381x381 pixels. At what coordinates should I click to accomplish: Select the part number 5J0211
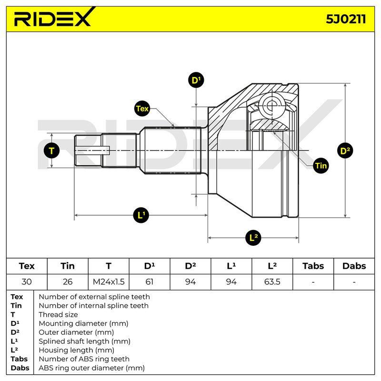346,19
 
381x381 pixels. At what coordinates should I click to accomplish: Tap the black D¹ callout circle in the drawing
196,80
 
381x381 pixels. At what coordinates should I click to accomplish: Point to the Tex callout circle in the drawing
142,109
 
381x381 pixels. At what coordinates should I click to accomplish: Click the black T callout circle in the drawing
51,150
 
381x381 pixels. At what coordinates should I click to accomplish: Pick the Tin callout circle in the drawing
321,166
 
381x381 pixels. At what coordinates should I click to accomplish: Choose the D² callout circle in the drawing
345,150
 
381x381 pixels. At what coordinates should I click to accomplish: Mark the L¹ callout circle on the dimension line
141,215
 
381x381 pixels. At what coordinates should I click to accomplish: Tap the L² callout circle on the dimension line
253,237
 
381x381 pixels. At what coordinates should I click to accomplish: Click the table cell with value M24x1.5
109,282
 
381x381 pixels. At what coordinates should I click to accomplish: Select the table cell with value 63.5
272,282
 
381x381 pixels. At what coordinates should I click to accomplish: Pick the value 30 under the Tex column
27,282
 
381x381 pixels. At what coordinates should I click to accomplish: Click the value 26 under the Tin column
68,282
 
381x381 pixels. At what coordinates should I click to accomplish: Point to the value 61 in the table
149,282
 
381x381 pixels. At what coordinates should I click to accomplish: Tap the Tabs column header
313,266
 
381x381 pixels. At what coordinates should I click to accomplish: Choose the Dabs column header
354,266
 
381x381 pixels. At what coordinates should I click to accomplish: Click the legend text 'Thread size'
58,315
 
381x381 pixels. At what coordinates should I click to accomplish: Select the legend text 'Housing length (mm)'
76,350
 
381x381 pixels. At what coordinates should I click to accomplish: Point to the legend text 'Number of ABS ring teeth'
84,359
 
